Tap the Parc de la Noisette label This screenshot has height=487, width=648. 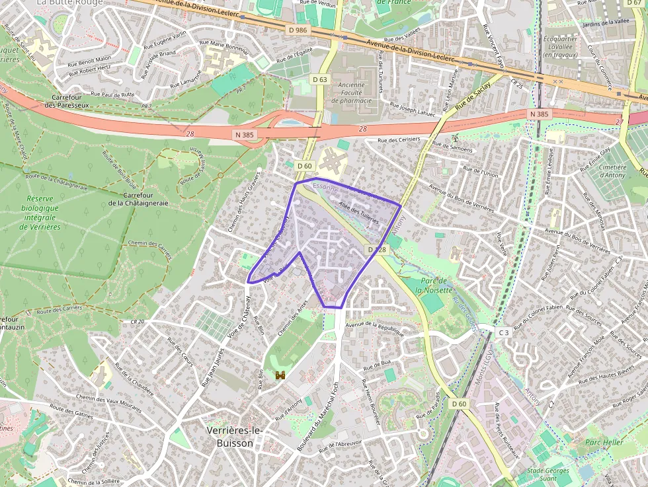(434, 285)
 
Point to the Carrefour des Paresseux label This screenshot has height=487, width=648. (71, 100)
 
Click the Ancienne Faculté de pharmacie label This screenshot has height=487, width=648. (355, 93)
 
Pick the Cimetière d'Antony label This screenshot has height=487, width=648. (614, 171)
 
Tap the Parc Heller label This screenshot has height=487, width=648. (604, 442)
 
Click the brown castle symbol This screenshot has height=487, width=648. (280, 375)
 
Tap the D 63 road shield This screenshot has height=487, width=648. (319, 79)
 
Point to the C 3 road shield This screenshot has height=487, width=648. (504, 332)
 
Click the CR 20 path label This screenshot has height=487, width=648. (138, 322)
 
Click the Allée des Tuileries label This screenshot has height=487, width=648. (358, 213)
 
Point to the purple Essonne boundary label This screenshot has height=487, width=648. (325, 188)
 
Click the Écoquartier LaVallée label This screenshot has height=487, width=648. (561, 47)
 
